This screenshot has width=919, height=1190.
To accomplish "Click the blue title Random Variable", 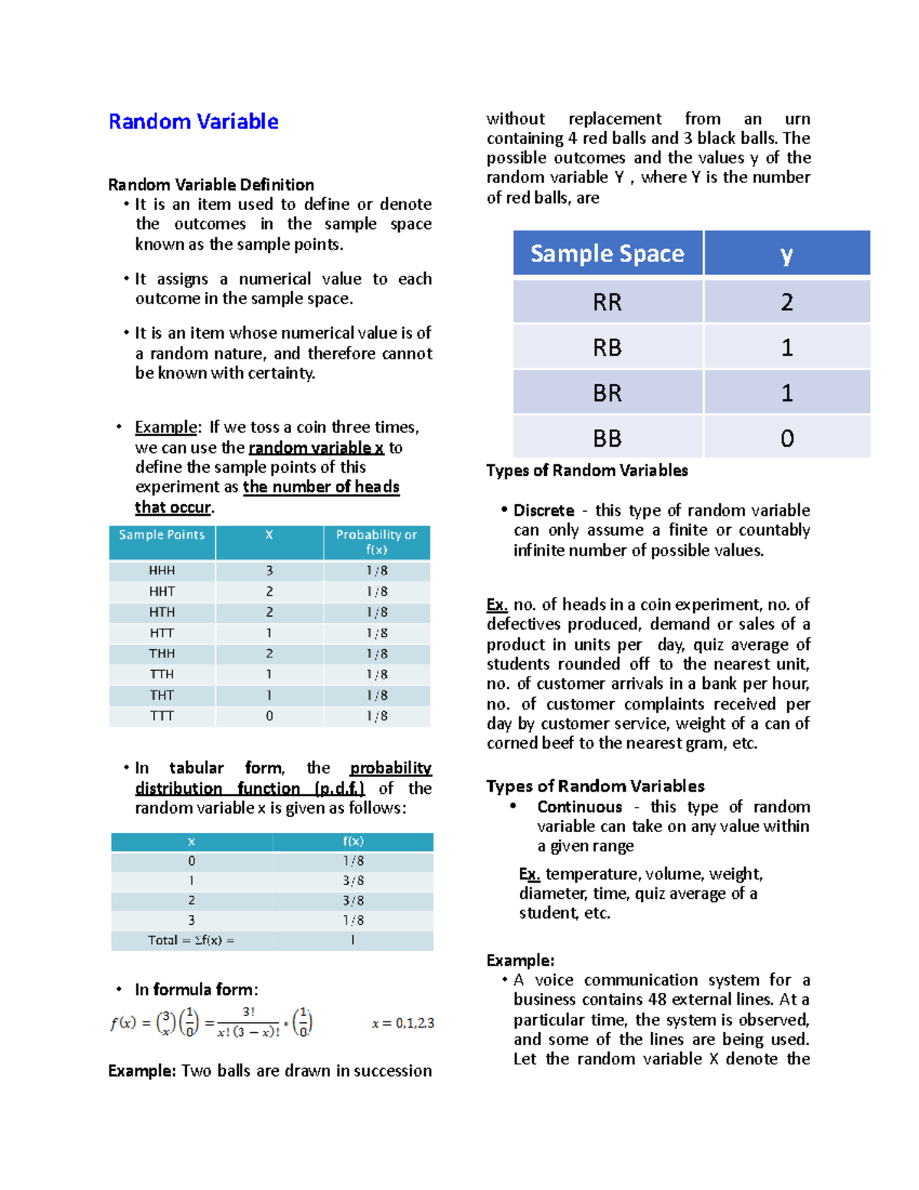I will [193, 122].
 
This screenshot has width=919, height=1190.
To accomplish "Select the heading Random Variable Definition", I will [211, 185].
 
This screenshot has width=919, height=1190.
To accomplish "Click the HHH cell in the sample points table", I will [162, 571].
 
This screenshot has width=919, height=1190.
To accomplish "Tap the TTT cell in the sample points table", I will [162, 716].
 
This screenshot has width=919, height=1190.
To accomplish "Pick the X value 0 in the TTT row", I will [269, 716].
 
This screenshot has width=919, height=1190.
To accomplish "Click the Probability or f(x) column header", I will [376, 542].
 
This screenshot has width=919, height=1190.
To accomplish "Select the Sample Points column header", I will [162, 535].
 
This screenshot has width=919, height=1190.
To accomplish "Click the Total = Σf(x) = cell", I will [191, 940].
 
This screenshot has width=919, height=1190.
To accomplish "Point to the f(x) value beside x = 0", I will [353, 861].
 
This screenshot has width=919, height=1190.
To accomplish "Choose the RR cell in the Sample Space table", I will [607, 302].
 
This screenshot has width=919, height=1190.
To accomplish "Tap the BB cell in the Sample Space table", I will [607, 438].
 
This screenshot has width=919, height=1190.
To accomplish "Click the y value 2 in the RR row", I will [787, 302].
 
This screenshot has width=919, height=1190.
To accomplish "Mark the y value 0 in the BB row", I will [787, 438].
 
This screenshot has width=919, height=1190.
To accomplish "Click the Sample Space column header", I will [607, 254].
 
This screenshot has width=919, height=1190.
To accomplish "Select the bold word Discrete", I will [544, 511].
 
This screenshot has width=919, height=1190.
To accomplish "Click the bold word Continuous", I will [579, 807].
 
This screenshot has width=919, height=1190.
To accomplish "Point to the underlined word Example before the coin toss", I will [166, 428].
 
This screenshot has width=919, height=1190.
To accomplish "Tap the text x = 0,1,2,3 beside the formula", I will [403, 1024].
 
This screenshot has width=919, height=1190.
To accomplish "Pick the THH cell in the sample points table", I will [162, 654].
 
